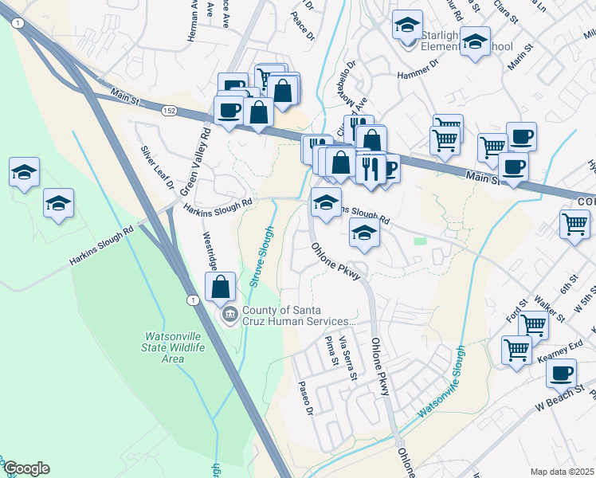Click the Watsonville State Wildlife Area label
pyautogui.click(x=174, y=347)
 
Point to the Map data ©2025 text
pyautogui.click(x=563, y=472)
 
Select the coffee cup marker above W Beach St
pyautogui.click(x=562, y=373)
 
